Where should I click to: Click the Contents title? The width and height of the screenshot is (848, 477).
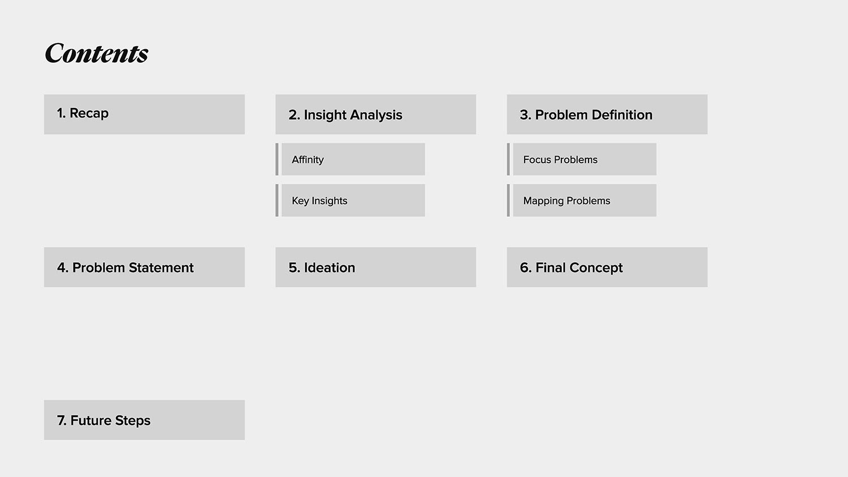[x=97, y=53]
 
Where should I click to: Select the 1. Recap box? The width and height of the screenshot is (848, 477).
[x=144, y=114]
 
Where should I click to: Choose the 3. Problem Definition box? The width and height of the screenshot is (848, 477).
[x=607, y=114]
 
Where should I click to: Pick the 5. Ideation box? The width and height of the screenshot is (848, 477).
[x=375, y=267]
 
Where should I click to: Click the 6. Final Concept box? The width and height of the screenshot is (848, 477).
[x=607, y=267]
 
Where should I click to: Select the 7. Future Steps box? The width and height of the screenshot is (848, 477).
[x=144, y=420]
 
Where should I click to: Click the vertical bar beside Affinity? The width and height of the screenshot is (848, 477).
[x=277, y=159]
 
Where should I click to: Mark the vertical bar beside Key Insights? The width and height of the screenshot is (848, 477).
[x=277, y=200]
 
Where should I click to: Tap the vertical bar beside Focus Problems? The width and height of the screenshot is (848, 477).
[x=508, y=159]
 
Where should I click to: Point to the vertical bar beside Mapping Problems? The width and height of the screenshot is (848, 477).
[x=508, y=200]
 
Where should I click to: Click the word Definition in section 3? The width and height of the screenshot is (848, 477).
[x=622, y=115]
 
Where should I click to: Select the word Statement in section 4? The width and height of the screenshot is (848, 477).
[x=161, y=268]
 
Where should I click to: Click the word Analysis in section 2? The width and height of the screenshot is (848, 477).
[x=376, y=115]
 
